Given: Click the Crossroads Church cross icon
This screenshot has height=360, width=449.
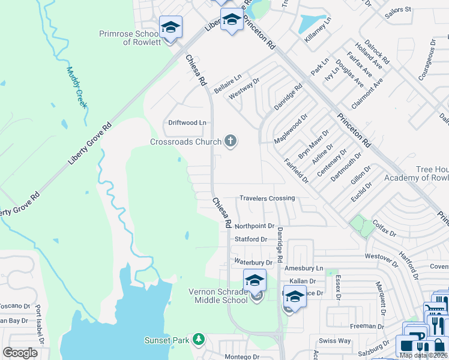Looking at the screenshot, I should click(230, 142).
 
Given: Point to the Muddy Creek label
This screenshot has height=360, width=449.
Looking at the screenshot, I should click(76, 87).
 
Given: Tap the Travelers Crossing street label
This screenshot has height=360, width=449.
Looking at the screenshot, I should click(267, 198).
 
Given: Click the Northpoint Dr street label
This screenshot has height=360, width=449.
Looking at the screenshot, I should click(255, 226).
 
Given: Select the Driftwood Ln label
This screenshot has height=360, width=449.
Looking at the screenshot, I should click(187, 122).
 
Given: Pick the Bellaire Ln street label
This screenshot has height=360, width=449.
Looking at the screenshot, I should click(228, 79).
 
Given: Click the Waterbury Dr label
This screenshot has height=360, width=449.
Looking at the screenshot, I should click(253, 262).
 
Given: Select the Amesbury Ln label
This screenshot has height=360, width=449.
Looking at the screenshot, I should click(304, 268).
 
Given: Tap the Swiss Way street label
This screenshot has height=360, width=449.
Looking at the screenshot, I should click(335, 341).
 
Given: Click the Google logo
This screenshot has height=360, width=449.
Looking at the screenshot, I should click(20, 353).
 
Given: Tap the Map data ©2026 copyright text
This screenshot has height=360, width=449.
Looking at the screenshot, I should click(423, 355).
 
